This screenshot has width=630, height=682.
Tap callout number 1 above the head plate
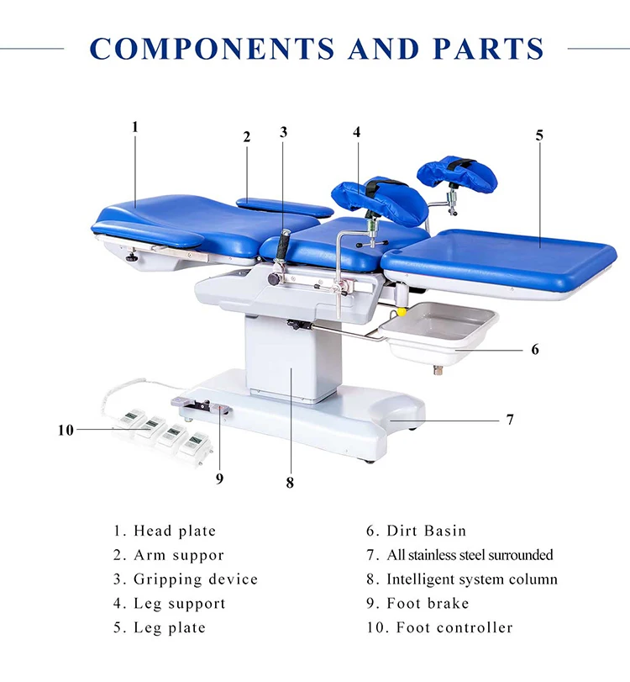click(x=134, y=127)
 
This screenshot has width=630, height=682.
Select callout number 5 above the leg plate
click(x=539, y=135)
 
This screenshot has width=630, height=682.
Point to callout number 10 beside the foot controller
click(x=66, y=430)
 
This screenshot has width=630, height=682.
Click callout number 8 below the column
click(x=290, y=482)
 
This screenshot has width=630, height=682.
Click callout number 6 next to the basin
click(x=535, y=348)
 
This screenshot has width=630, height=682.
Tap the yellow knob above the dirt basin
click(x=402, y=310)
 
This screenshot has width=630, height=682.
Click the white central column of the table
click(x=286, y=357)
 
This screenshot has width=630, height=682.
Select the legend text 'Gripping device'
click(x=196, y=579)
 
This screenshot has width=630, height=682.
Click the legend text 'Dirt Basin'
click(x=426, y=531)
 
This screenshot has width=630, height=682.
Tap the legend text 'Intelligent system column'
click(x=471, y=579)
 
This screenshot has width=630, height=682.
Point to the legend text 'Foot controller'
click(x=454, y=627)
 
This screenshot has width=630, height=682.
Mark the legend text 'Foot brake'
click(x=428, y=603)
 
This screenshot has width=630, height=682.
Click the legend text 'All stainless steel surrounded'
click(x=470, y=555)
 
